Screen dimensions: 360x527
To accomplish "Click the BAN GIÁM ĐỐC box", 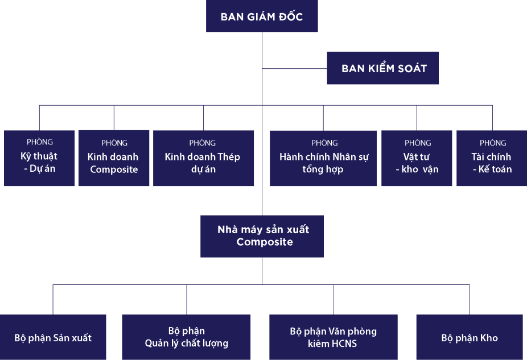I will coord(262,16).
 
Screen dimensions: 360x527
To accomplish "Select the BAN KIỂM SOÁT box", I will coord(383,68).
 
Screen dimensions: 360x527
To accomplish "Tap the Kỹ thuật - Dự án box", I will coord(39,158).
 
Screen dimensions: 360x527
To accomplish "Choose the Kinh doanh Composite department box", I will coord(114,158).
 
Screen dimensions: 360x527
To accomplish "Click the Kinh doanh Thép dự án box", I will coord(203,158).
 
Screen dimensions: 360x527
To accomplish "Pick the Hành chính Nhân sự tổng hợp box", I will coord(323,158).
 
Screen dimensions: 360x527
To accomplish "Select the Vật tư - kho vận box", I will coord(417,158).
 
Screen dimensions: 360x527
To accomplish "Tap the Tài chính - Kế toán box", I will coord(492,158).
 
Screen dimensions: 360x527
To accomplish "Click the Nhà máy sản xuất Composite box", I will coord(262,236).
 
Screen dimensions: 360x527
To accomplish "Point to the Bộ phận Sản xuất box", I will coord(53,337).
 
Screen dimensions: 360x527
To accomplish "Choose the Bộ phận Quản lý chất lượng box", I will coord(186,337).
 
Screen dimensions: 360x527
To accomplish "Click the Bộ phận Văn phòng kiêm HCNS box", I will coord(333,337).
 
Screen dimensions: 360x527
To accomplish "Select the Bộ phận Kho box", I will coord(470,337).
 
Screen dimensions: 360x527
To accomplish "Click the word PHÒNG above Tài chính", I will coord(493,143).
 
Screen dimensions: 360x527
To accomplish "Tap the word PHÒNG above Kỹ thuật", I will coord(40,142).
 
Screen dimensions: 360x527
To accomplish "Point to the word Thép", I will coord(229,157).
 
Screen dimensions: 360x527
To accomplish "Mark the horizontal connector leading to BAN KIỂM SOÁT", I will coord(294,69).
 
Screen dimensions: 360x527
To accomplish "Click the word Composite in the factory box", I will coord(265,242).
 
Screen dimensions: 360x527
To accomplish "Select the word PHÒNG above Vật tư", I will coord(418,143).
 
